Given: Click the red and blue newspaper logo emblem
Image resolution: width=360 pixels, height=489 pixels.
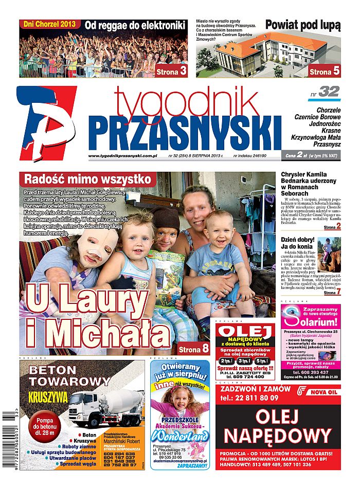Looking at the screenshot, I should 46,122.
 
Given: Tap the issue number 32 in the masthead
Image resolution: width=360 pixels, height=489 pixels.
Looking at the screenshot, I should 329,92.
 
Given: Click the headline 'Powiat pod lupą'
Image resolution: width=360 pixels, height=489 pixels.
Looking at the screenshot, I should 302,25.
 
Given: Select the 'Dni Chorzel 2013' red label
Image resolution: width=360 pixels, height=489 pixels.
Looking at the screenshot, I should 50,24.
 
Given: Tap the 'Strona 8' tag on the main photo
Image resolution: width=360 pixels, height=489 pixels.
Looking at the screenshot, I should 194,349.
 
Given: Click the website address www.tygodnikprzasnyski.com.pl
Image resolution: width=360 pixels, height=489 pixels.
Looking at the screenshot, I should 122,156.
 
